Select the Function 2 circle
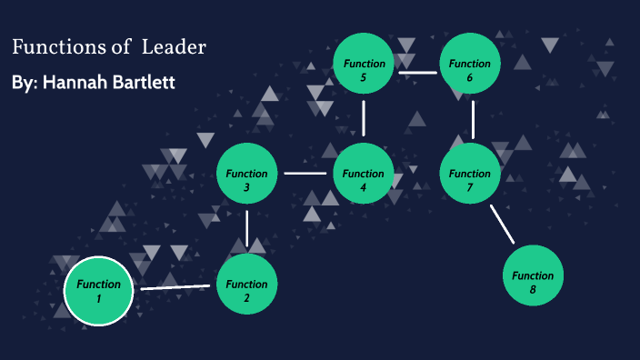point(247,284)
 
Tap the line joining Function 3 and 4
point(305,173)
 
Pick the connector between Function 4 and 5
point(364,118)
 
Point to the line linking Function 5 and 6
point(417,72)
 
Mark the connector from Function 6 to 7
point(473,119)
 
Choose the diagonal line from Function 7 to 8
point(502,224)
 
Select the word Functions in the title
point(56,47)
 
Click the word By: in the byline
point(25,83)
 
